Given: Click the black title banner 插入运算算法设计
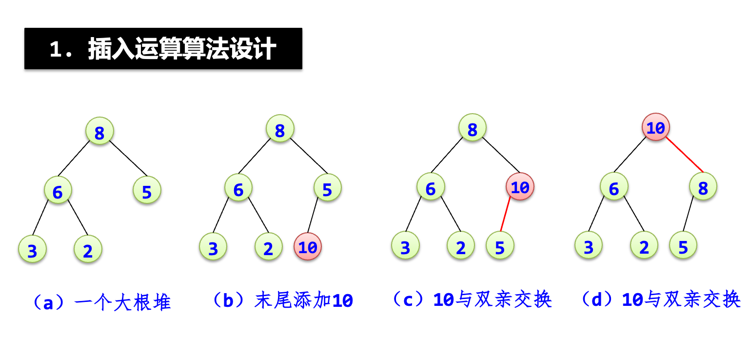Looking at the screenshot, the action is (163, 49).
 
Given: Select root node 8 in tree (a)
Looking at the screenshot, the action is (99, 132).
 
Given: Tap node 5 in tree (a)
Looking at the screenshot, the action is (147, 191).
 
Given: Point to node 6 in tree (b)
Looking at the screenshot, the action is (238, 189).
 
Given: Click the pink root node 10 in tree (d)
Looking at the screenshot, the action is (655, 127).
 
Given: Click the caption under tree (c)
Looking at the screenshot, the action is (472, 300).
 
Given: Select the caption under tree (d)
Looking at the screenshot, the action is (661, 300).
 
